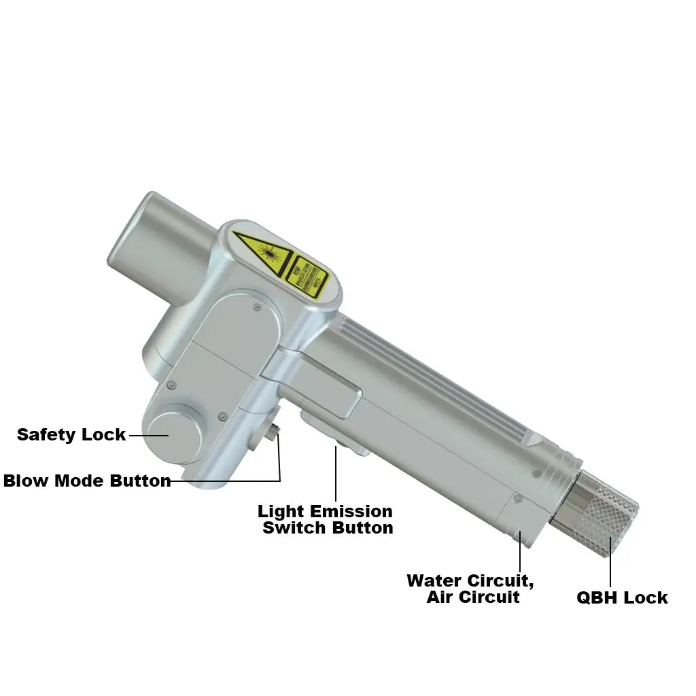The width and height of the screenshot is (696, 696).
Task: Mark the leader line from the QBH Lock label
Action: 610,564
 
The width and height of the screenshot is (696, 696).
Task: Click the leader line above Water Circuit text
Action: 520,554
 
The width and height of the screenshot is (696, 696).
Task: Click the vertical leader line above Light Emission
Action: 336,476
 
